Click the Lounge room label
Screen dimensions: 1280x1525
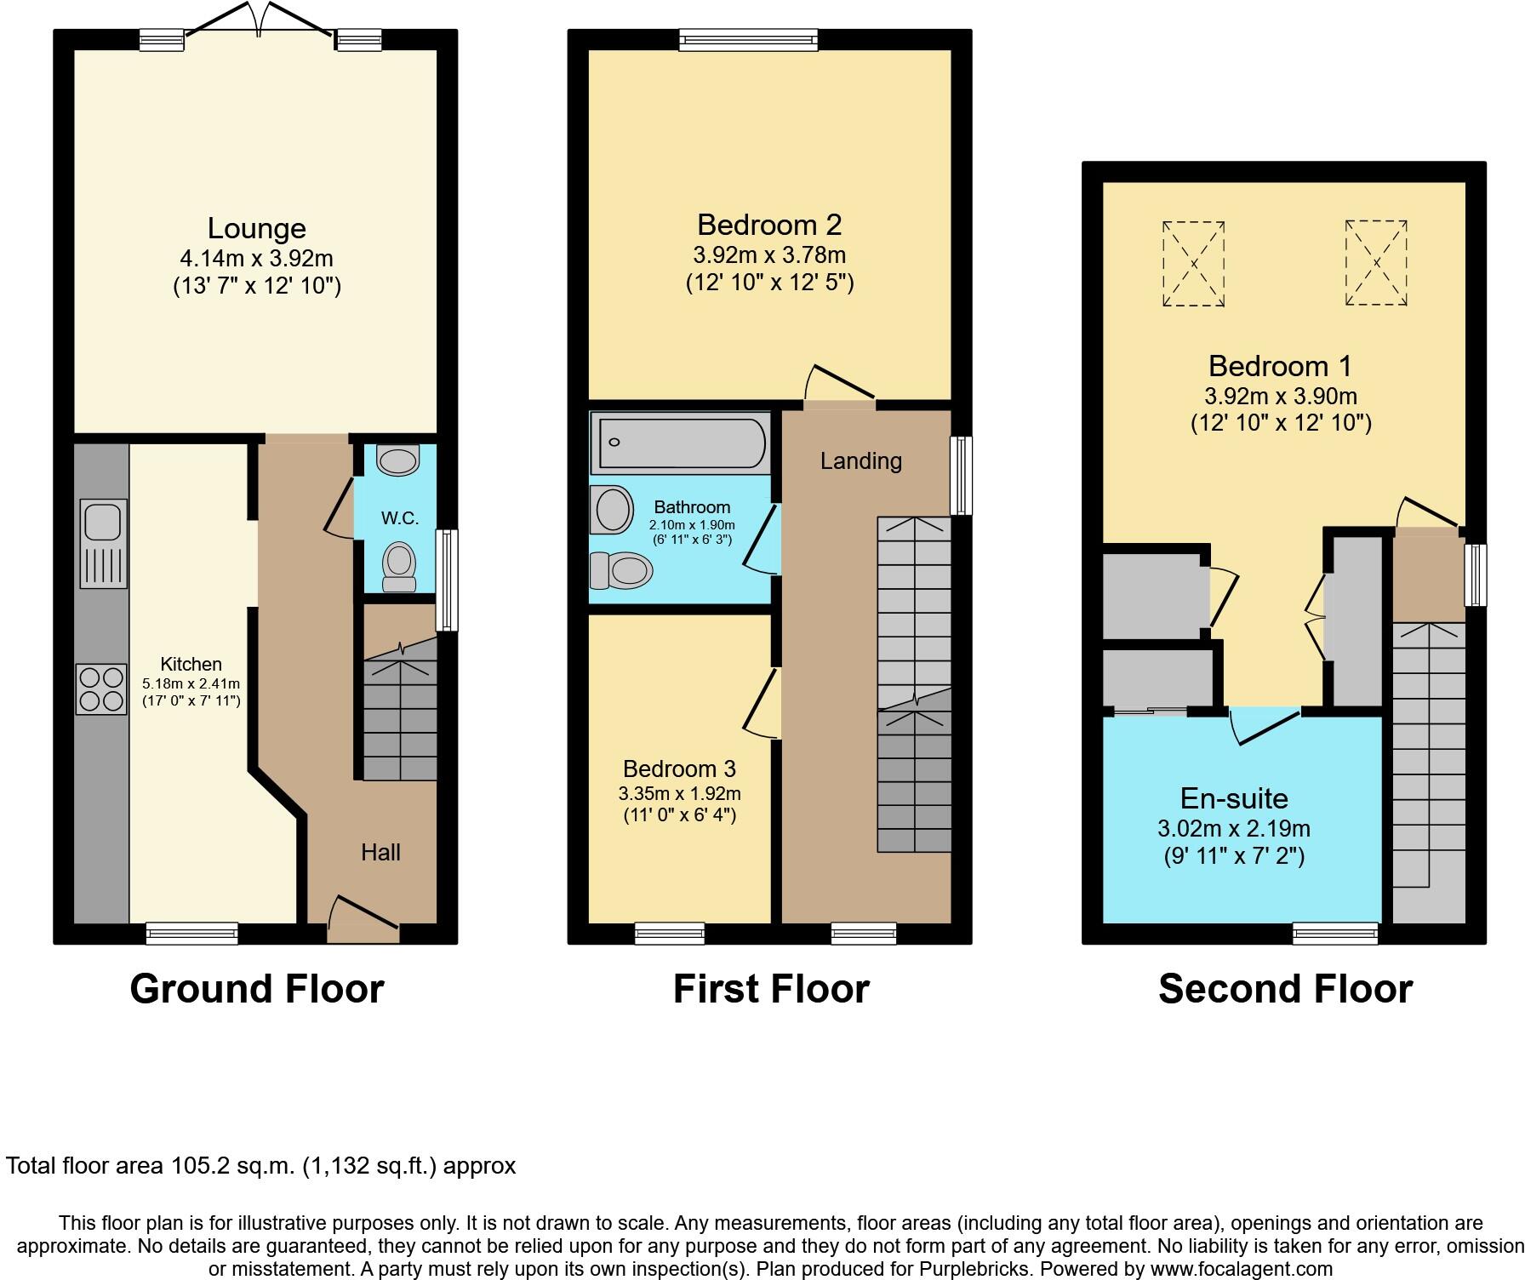tap(256, 228)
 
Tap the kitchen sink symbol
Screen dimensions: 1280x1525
tap(103, 543)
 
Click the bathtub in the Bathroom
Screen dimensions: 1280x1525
tap(679, 443)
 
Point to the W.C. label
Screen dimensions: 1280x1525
tap(399, 518)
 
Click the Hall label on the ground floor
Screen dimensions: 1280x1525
tap(380, 852)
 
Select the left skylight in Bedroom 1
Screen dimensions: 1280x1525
tap(1194, 264)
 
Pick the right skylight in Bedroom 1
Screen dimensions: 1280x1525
tap(1376, 263)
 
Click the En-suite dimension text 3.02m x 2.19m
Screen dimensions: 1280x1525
tap(1233, 828)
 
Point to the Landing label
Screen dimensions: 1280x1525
tap(860, 461)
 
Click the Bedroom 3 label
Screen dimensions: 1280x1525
tap(679, 769)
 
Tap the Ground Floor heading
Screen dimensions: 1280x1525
tap(256, 989)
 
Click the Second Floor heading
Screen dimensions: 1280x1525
tap(1285, 989)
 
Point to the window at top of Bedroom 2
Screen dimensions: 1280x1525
tap(748, 39)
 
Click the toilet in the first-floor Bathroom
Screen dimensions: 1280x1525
tap(622, 570)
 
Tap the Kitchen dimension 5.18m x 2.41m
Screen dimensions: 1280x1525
tap(191, 683)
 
